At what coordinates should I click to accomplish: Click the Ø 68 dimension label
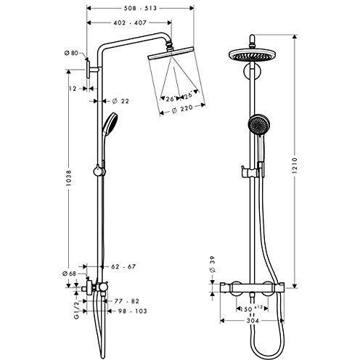[70, 274]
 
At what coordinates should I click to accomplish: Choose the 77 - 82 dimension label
[122, 300]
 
